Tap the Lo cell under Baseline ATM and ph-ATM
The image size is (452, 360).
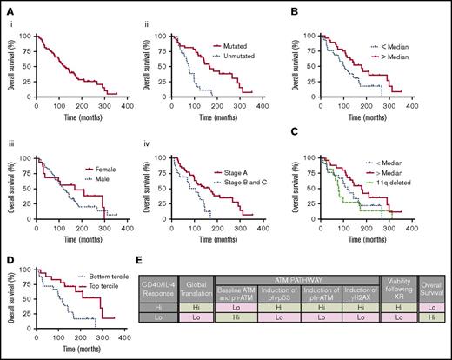tap(251, 318)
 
